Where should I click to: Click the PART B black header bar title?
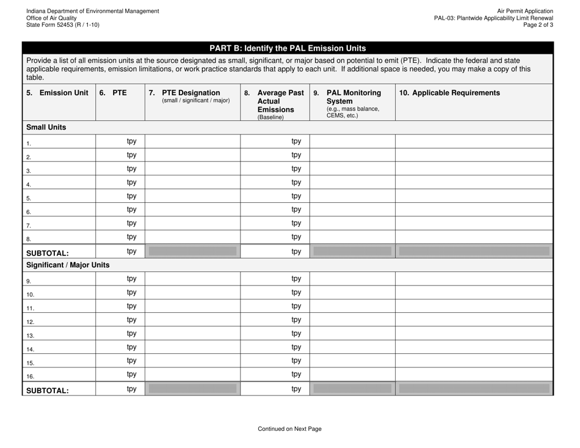288,48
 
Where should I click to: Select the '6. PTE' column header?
114,94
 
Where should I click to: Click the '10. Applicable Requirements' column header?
449,94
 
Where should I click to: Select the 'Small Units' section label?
46,128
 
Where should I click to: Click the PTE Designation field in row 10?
192,292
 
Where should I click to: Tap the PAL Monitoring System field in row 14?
352,347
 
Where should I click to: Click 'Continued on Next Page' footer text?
289,429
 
